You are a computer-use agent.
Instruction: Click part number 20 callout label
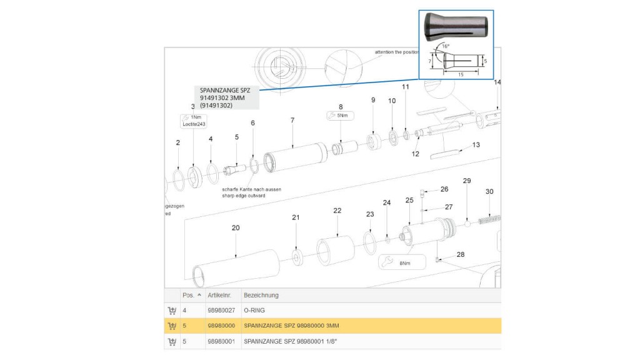tap(236, 228)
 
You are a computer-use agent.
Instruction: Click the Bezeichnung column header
tap(261, 295)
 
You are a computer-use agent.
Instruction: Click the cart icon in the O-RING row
tap(172, 310)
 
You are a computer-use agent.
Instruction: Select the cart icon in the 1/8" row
tap(172, 342)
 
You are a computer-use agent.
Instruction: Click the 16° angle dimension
tap(445, 46)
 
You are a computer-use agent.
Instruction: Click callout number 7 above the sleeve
tap(292, 119)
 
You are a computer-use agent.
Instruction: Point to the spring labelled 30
tap(489, 219)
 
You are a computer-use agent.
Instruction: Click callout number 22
tap(337, 211)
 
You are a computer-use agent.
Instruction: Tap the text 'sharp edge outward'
tap(244, 196)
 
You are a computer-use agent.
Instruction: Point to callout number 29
tap(466, 181)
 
